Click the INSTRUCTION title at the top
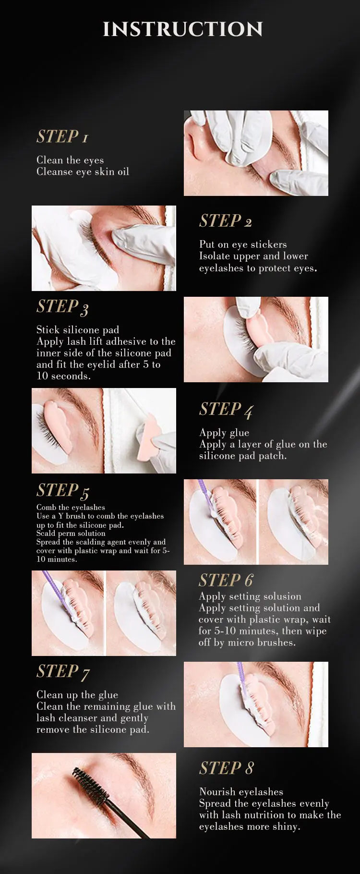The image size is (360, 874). [x=183, y=29]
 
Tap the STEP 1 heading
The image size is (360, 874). [x=62, y=137]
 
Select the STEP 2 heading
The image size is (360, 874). [x=226, y=221]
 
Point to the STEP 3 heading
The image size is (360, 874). [x=62, y=307]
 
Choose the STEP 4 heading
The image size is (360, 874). [x=226, y=410]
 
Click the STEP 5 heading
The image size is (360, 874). [x=63, y=491]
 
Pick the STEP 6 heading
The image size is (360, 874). [x=226, y=581]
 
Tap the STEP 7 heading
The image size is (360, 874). [x=63, y=672]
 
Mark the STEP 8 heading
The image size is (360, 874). [x=226, y=768]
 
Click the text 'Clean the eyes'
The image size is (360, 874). [x=70, y=160]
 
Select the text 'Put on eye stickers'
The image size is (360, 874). [x=243, y=244]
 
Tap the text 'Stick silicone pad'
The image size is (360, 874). [x=78, y=330]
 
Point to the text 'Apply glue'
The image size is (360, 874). [x=224, y=433]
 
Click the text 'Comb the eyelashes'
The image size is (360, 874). [x=71, y=507]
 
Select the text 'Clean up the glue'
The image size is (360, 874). [x=77, y=695]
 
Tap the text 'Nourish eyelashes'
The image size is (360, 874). [x=241, y=792]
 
